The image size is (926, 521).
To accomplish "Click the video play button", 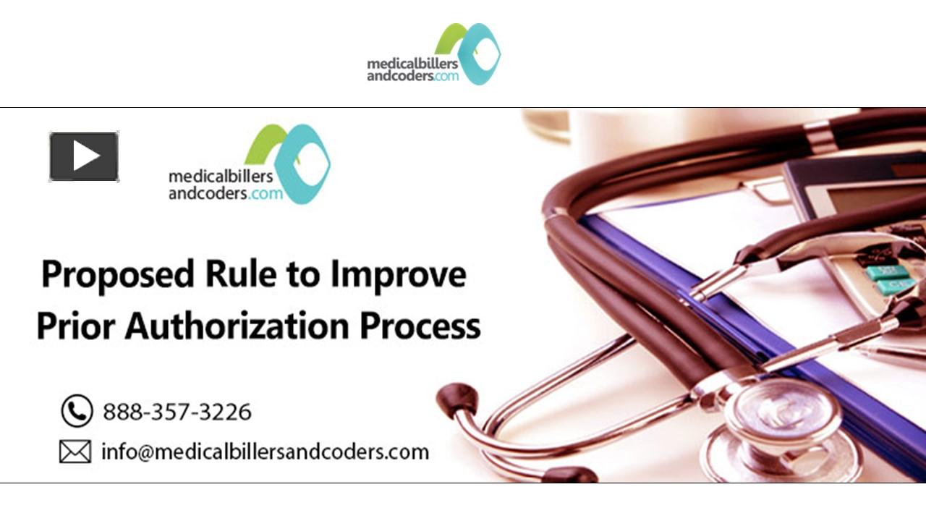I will [x=84, y=156].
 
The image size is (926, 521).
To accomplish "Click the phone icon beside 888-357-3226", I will [x=76, y=411].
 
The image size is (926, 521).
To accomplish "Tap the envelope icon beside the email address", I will [x=75, y=452].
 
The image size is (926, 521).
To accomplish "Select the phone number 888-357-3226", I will [x=177, y=412].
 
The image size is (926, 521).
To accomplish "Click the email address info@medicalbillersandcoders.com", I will [x=265, y=452].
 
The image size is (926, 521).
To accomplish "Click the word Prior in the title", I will [x=76, y=326].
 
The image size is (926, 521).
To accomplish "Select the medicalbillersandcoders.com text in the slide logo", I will [x=226, y=185].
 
